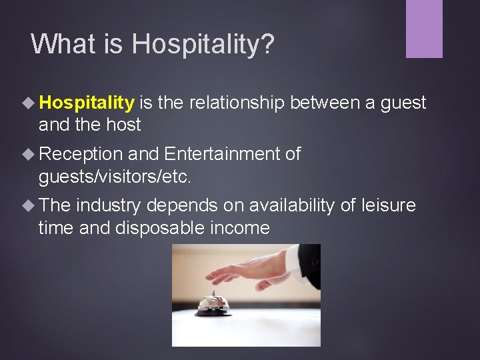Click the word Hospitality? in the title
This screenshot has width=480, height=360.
[x=203, y=44]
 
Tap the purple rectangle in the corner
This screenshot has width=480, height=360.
[x=424, y=29]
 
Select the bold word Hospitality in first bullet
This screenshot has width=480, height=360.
[x=87, y=103]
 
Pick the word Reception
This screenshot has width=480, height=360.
[x=80, y=154]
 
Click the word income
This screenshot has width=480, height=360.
[x=239, y=228]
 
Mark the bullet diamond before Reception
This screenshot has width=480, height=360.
[x=29, y=154]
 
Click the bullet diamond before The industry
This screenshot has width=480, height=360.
[x=29, y=205]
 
